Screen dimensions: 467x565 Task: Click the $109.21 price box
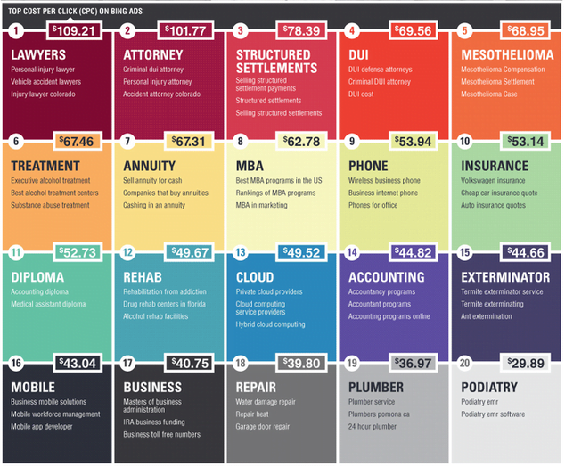coord(74,30)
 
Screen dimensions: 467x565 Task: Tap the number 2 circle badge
coord(128,30)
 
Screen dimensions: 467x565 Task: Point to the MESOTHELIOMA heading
coord(504,55)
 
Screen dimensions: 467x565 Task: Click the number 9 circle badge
coord(353,141)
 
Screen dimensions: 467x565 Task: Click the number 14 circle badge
coord(353,252)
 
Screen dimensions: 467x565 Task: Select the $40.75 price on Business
coord(192,364)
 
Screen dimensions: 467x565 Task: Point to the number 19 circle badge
coord(353,364)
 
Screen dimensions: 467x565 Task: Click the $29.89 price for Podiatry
coord(529,364)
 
